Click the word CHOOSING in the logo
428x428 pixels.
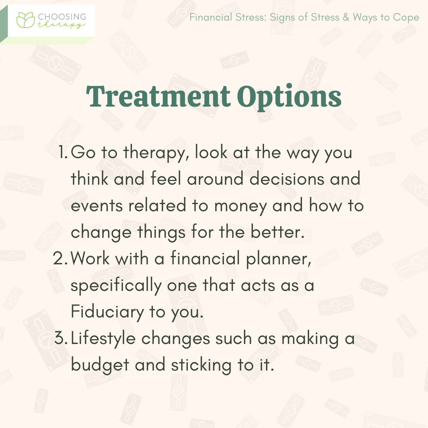[61, 17]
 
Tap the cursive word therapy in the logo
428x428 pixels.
[61, 25]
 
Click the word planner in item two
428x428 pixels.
[280, 259]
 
